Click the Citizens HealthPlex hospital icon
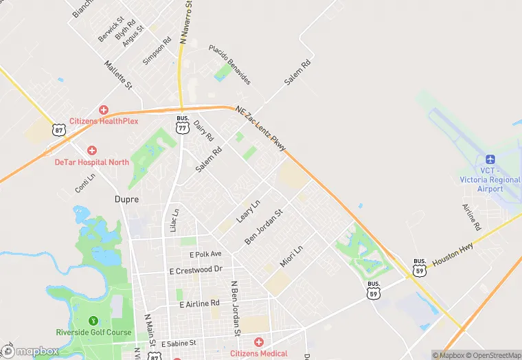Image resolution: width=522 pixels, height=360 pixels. [x=104, y=109]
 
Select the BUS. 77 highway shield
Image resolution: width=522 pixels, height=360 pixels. [x=182, y=123]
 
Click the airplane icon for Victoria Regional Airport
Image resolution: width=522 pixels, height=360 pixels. [x=490, y=159]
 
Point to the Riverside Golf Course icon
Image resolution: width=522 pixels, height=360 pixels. [x=93, y=320]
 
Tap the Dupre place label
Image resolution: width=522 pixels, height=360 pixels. [x=126, y=199]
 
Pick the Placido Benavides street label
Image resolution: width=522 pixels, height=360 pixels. [x=230, y=65]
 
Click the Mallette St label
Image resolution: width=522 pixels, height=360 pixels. [x=117, y=74]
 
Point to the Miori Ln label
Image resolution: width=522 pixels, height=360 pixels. [x=291, y=257]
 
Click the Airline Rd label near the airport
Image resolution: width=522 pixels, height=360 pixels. [x=470, y=216]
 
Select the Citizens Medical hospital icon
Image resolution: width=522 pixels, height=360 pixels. [x=259, y=342]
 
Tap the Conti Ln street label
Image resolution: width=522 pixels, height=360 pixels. [x=85, y=182]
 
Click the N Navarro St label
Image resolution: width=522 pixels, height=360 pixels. [x=186, y=22]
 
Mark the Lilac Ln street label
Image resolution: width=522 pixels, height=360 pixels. [x=174, y=221]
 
